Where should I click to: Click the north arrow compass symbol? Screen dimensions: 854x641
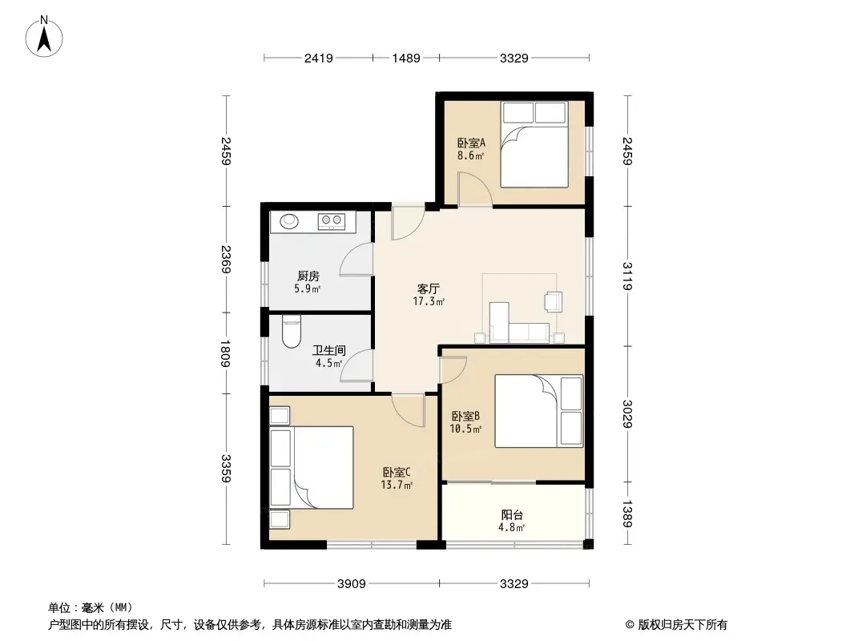(44, 37)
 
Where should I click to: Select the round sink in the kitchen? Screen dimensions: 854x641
(289, 220)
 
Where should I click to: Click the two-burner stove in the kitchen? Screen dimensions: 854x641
(332, 220)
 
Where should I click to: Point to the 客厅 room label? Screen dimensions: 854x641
(429, 288)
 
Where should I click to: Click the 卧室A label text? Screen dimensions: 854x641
(471, 143)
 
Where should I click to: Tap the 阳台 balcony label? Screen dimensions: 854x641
(512, 514)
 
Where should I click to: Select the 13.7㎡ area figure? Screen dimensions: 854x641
(397, 485)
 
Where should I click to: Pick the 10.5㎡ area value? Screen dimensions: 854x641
(465, 429)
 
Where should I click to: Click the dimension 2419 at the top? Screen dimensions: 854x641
(319, 58)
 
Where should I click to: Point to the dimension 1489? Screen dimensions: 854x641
(406, 58)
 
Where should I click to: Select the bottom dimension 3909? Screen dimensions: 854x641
(352, 584)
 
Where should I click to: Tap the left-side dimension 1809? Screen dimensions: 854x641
(226, 353)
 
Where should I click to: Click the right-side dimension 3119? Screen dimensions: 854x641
(627, 276)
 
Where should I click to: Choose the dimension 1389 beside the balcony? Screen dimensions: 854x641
(627, 514)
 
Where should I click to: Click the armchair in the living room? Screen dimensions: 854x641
(554, 302)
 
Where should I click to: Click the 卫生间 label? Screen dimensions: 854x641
(329, 350)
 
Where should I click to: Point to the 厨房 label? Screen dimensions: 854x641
(308, 276)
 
